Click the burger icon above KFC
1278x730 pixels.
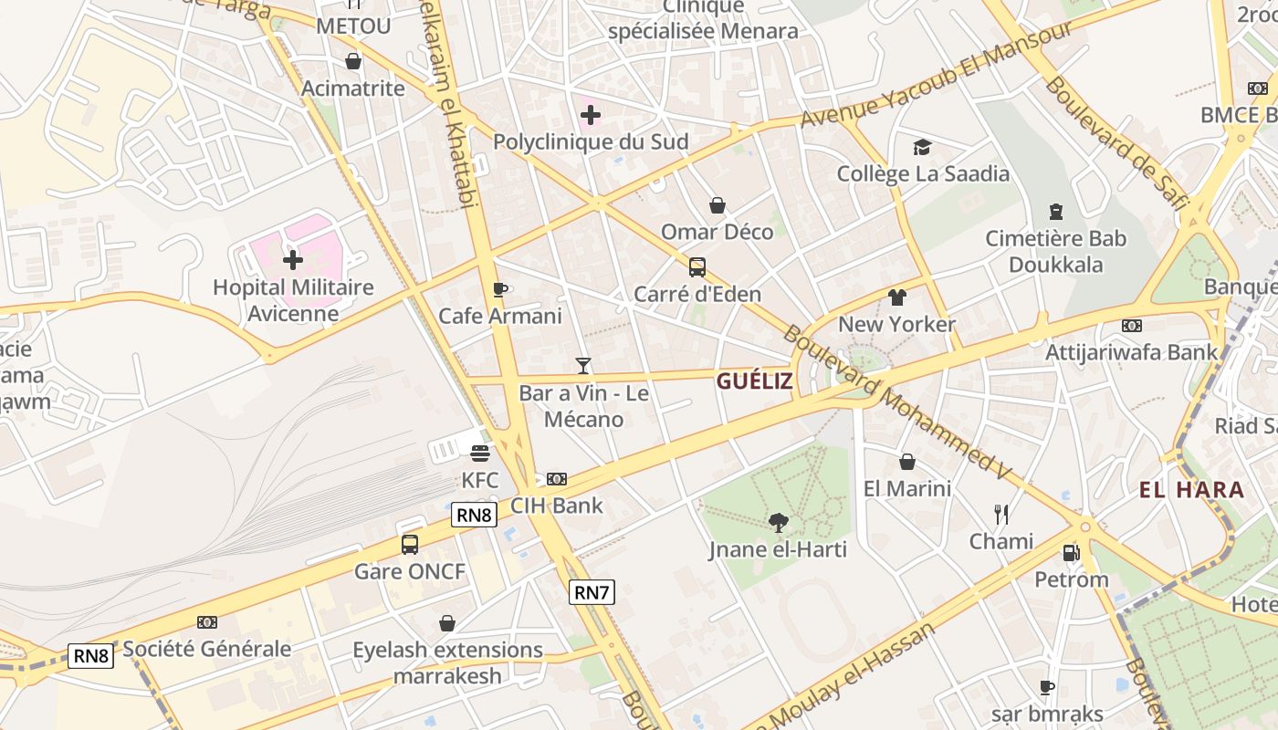point(480,454)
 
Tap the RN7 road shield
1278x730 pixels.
point(592,592)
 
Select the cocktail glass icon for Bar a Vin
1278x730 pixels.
point(583,366)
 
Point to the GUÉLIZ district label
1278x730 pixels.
point(754,381)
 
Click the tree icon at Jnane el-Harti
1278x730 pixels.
point(779,523)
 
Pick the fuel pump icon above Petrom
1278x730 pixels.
point(1071,552)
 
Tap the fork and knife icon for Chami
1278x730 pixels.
point(1001,515)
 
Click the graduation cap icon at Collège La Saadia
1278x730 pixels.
point(923,147)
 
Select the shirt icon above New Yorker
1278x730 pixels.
point(896,297)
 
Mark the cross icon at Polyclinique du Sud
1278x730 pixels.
point(591,115)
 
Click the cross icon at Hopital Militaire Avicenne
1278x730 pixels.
point(293,260)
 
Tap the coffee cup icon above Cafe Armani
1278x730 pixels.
point(499,290)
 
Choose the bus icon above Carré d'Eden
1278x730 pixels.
point(697,267)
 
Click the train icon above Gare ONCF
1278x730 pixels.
point(410,545)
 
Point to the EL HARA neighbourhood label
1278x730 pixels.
point(1191,490)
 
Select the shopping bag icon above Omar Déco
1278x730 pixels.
point(718,205)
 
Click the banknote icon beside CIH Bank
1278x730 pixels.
point(556,479)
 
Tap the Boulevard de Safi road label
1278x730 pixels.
point(1116,145)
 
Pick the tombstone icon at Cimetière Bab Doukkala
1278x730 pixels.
point(1056,212)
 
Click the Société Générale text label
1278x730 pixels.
point(207,650)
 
